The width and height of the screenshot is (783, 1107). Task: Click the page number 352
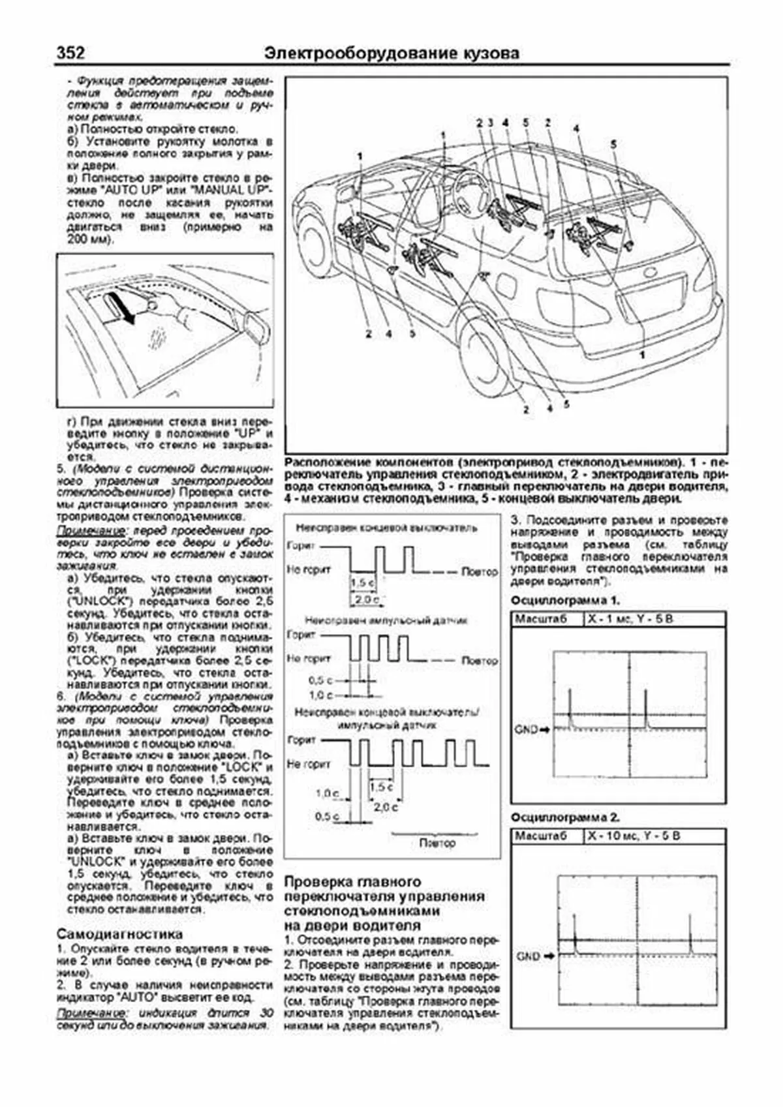pyautogui.click(x=70, y=52)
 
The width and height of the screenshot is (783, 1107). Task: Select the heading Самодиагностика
pyautogui.click(x=119, y=933)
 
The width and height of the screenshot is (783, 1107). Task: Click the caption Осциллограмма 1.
pyautogui.click(x=565, y=600)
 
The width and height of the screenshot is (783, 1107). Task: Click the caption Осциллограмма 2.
pyautogui.click(x=565, y=817)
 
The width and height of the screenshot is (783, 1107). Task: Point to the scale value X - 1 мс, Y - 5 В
pyautogui.click(x=629, y=618)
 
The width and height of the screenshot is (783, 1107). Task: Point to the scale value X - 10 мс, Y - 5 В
pyautogui.click(x=633, y=836)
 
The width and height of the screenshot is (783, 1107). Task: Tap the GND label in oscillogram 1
pyautogui.click(x=526, y=729)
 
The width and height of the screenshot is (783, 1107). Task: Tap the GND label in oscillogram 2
pyautogui.click(x=528, y=956)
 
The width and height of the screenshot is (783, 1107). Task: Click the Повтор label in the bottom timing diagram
pyautogui.click(x=437, y=843)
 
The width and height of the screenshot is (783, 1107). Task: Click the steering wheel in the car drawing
pyautogui.click(x=471, y=189)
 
